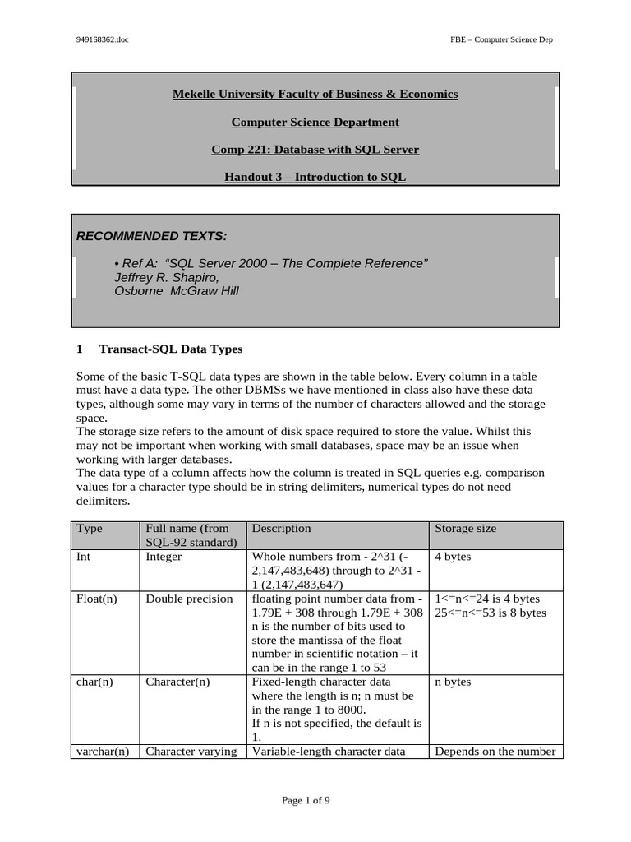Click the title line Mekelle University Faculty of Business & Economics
[315, 95]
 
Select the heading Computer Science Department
[315, 123]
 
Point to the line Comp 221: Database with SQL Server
[315, 150]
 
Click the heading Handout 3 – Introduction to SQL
[315, 177]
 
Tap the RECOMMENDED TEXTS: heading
[152, 236]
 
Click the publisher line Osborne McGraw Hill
[176, 291]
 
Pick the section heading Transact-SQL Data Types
[170, 349]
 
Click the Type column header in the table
[89, 529]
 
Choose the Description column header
[281, 529]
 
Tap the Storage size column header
[465, 529]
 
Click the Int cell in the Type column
[84, 557]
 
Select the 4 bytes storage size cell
[453, 557]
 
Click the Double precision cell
[189, 599]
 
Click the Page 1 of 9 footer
[306, 800]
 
